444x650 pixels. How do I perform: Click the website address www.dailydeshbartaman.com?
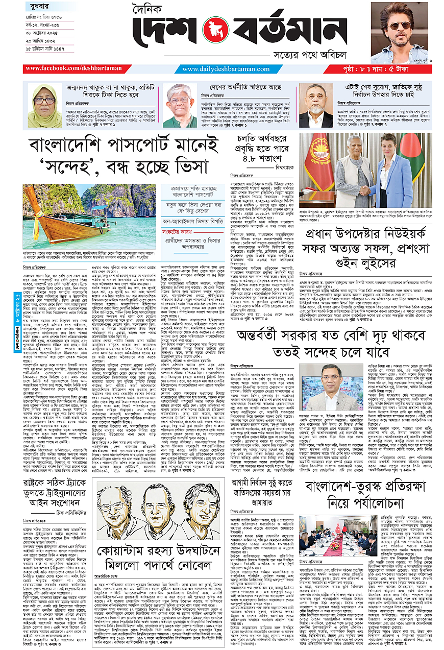click(226, 68)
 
